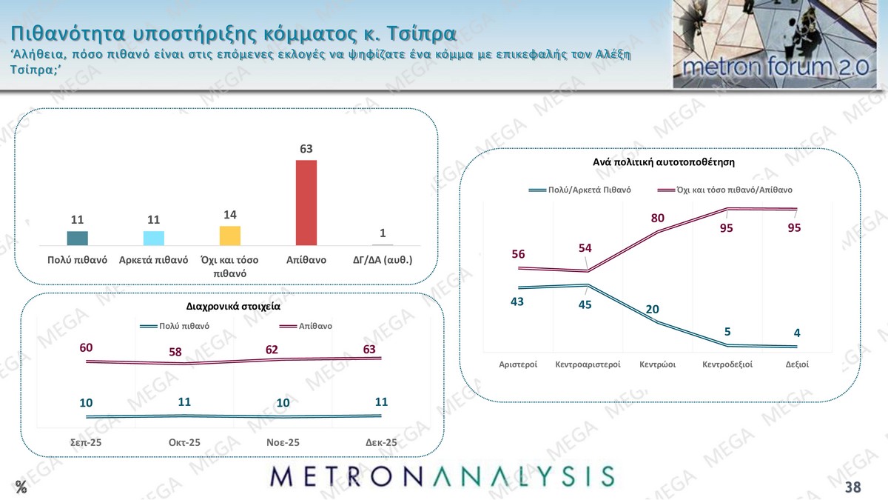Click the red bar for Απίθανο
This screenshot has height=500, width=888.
(306, 202)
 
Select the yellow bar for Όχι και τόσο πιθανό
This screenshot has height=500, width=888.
(230, 236)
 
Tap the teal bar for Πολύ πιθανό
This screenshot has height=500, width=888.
(78, 238)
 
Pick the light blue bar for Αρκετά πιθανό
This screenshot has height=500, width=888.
(154, 238)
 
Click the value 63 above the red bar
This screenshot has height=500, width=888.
(306, 149)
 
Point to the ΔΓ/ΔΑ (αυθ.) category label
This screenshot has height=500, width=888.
(383, 260)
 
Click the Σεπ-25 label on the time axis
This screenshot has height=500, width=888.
(87, 442)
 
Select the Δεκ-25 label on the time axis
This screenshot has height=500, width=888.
(381, 442)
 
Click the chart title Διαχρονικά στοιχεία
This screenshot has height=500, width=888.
(232, 305)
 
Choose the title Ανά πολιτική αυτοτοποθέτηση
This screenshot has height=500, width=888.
(663, 161)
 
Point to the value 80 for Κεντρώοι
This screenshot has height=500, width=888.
(658, 218)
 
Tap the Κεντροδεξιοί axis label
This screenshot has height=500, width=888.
(727, 364)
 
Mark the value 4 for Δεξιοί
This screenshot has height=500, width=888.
(797, 333)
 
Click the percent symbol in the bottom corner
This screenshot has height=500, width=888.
(21, 487)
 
